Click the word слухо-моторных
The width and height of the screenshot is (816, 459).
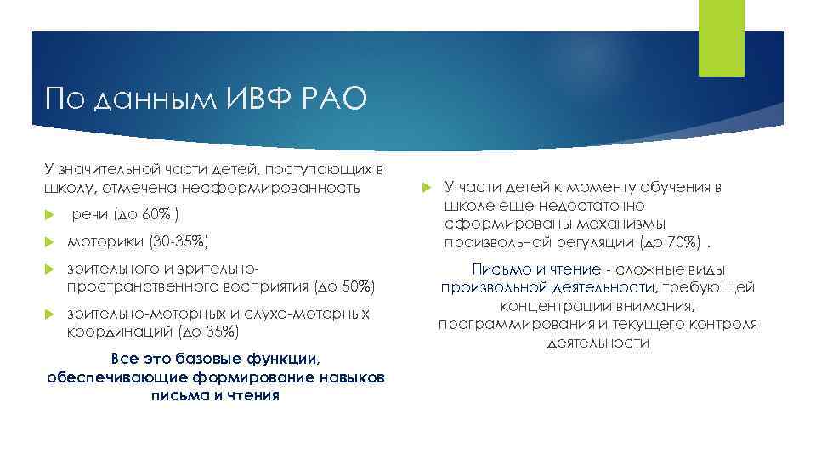pos(323,314)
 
